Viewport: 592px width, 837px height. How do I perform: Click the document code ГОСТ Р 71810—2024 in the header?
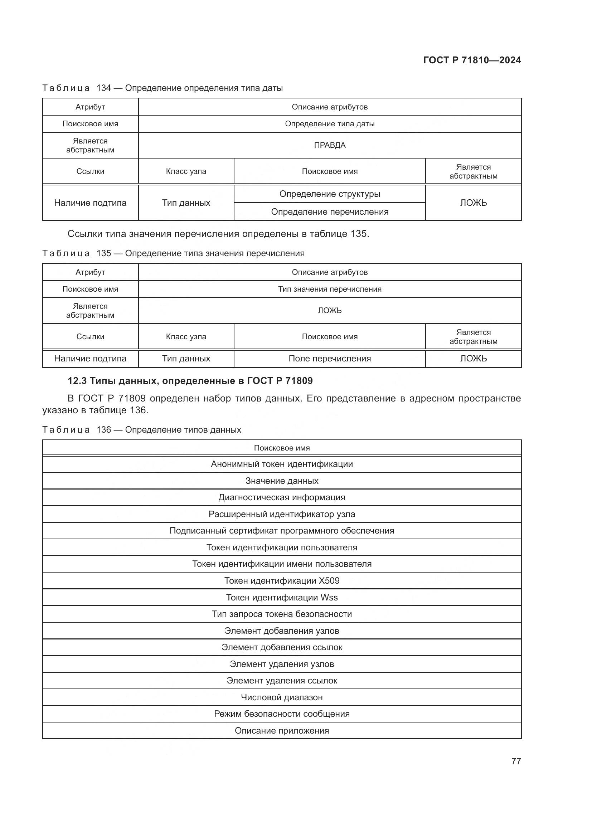[x=472, y=60]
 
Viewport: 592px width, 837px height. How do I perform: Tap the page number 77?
[x=516, y=761]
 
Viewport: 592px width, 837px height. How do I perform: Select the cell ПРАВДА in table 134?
[x=330, y=145]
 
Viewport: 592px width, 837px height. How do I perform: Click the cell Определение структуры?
[x=330, y=194]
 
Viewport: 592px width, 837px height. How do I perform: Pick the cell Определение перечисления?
[x=330, y=212]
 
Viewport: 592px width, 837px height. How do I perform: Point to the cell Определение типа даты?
[x=330, y=123]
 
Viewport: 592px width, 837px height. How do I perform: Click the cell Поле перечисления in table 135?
[x=330, y=358]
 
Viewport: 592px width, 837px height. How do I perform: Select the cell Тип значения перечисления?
[x=330, y=289]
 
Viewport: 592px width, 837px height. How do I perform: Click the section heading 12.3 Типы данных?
[x=190, y=381]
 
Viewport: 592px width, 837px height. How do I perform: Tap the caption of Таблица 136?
[x=141, y=429]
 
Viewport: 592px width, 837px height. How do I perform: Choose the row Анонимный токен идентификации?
[x=282, y=464]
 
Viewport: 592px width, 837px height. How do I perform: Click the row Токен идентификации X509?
[x=282, y=581]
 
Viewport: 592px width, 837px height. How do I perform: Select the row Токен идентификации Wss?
[x=282, y=598]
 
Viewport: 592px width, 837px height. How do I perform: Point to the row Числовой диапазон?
[x=282, y=697]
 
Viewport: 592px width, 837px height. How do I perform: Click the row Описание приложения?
[x=282, y=731]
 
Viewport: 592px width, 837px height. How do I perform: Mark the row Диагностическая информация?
[x=282, y=497]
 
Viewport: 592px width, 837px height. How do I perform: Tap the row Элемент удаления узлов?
[x=282, y=664]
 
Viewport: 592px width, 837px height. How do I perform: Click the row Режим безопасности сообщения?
[x=282, y=714]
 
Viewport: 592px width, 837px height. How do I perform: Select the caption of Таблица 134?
[x=162, y=88]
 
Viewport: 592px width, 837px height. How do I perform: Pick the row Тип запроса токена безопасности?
[x=282, y=614]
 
